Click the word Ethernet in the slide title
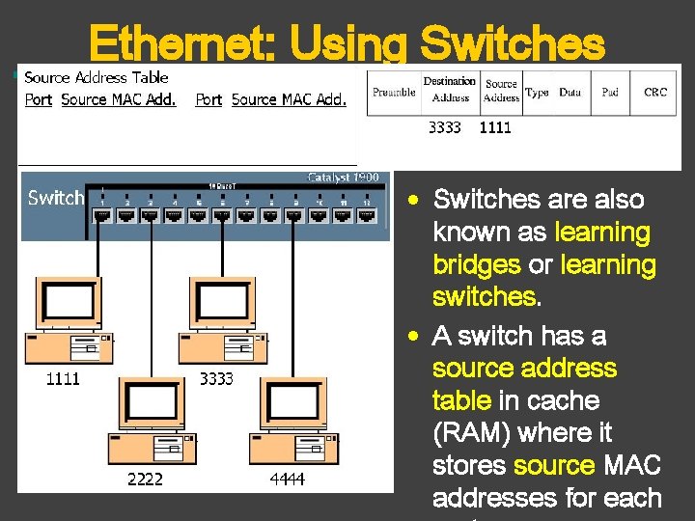[x=181, y=43]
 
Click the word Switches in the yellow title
[x=514, y=43]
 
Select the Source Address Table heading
[x=96, y=77]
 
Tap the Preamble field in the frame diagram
[x=394, y=92]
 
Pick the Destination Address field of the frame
[x=450, y=89]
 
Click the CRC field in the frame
[x=655, y=92]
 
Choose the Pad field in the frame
[x=610, y=92]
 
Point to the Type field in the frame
[x=538, y=92]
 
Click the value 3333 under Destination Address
[x=445, y=127]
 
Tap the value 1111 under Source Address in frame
[x=495, y=127]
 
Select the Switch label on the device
[x=56, y=198]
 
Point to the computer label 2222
[x=146, y=479]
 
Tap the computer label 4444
[x=289, y=479]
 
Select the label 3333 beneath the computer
[x=216, y=379]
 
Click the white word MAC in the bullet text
[x=631, y=466]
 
